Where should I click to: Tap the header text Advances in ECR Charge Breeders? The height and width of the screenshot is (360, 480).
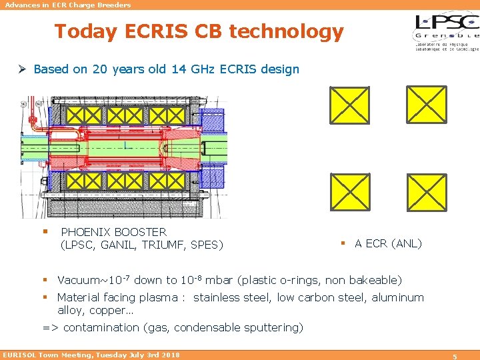68,5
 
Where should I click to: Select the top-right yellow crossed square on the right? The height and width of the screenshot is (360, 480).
427,105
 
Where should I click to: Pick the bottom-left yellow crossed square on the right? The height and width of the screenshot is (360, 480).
350,191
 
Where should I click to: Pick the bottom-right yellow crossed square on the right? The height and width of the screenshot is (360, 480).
427,191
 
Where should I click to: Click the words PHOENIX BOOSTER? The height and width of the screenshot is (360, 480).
113,232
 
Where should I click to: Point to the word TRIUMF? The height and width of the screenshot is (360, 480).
165,245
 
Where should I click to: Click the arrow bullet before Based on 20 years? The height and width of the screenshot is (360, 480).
23,69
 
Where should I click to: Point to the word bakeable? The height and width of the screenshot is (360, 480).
376,281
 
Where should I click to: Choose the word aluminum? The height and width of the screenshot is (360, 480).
397,297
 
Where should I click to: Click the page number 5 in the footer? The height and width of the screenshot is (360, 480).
455,356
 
